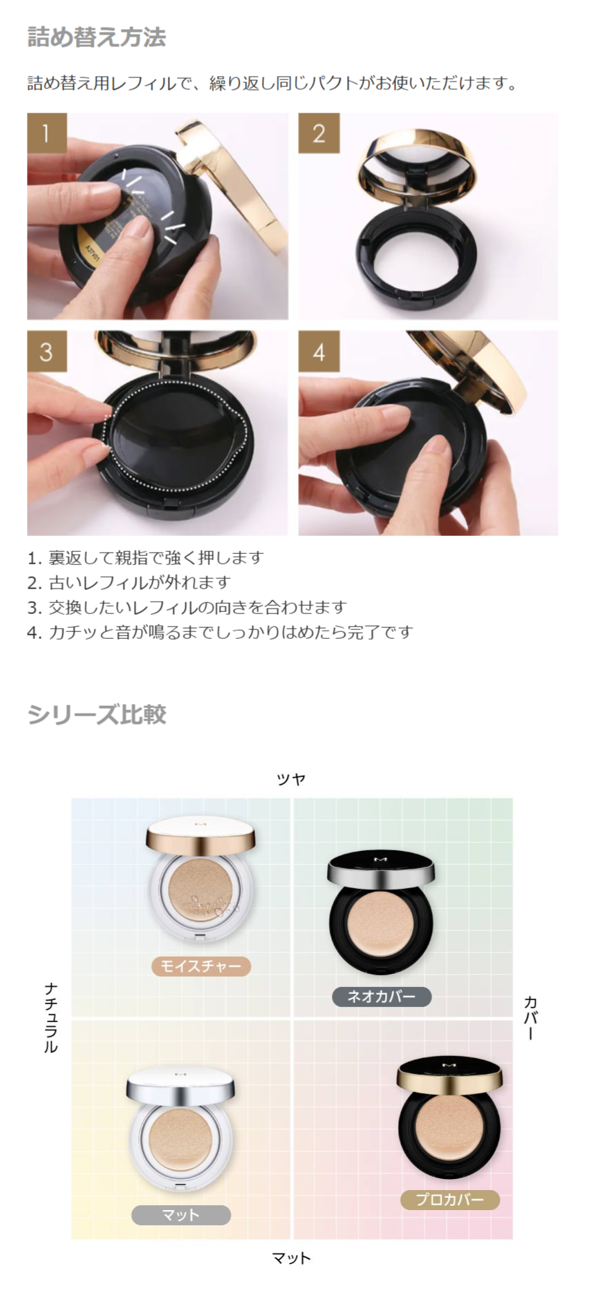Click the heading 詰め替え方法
[x=96, y=37]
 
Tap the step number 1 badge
[x=46, y=133]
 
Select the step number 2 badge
[x=318, y=133]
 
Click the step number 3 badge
[x=46, y=351]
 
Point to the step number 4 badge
[x=318, y=351]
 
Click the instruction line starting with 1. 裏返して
[x=146, y=557]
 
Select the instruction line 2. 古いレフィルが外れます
[x=129, y=582]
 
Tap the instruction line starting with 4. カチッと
[x=220, y=632]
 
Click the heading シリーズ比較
[x=97, y=714]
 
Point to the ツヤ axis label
[x=290, y=779]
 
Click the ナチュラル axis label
[x=51, y=1017]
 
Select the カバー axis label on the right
[x=530, y=1017]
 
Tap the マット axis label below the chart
[x=291, y=1258]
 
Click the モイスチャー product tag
[x=200, y=966]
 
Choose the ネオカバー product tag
[x=381, y=996]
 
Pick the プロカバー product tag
[x=449, y=1200]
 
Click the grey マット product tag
[x=181, y=1215]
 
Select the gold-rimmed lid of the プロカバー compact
[x=449, y=1075]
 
